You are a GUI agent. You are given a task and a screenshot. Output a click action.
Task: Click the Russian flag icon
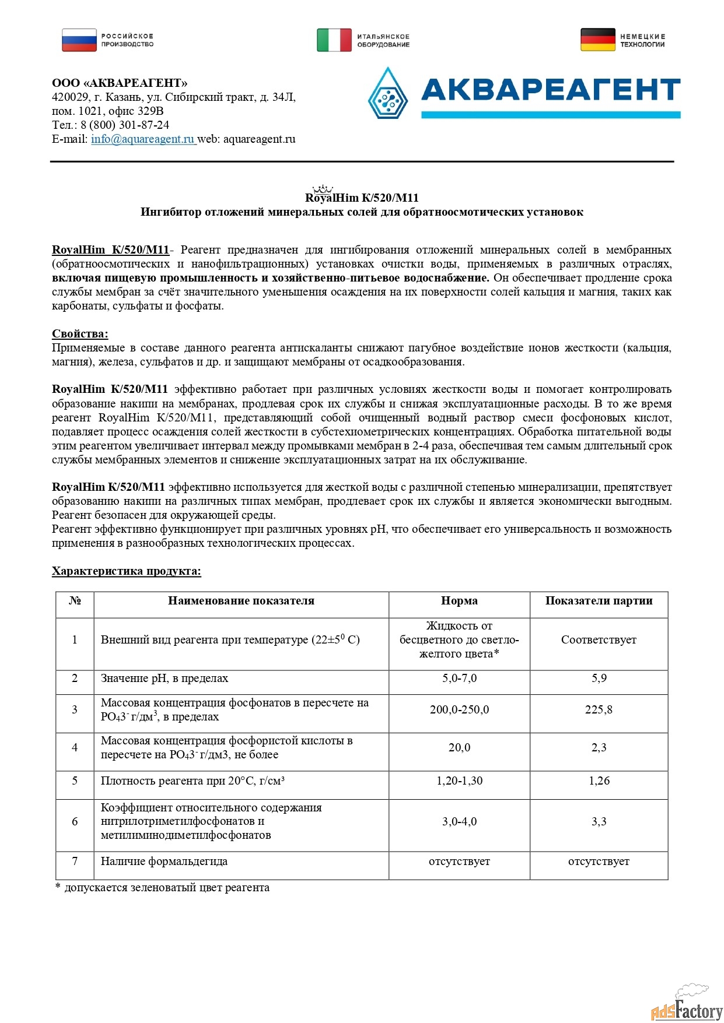79,40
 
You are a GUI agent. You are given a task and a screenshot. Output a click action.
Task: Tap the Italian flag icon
334,40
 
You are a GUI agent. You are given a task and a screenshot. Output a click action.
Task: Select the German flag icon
597,40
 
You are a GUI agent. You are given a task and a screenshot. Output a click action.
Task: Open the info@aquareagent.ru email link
143,139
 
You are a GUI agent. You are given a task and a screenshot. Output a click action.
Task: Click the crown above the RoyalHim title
322,189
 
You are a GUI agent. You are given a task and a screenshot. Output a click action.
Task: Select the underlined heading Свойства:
80,334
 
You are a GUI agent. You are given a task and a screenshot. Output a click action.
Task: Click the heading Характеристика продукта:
126,571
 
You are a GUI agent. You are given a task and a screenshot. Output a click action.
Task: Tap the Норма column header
459,601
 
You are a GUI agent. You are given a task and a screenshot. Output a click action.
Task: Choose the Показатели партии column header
599,601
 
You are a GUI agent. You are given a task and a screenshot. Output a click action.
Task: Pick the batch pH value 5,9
599,679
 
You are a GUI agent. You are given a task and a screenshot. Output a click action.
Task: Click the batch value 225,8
599,710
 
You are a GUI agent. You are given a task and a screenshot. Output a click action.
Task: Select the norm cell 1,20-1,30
459,781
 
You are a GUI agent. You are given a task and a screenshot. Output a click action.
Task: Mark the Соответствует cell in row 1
599,640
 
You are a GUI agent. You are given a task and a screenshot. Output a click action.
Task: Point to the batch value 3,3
599,822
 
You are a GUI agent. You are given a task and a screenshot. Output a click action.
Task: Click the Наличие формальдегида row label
164,862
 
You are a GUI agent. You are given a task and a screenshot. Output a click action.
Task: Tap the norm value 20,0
459,748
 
